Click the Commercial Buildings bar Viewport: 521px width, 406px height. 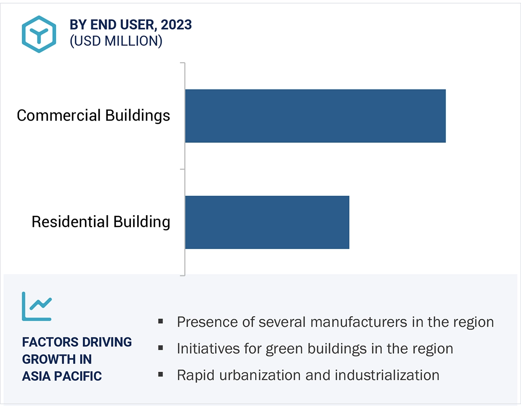click(315, 116)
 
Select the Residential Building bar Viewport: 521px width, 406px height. click(267, 222)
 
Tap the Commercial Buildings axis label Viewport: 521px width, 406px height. click(94, 116)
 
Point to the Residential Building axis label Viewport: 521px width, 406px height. click(101, 222)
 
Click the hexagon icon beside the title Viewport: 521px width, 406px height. click(39, 34)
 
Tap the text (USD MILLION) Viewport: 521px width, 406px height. click(116, 41)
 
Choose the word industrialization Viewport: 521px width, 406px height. click(387, 375)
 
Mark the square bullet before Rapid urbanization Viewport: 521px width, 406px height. click(161, 374)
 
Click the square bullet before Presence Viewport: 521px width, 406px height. click(161, 321)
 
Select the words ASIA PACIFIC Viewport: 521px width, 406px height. click(62, 376)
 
